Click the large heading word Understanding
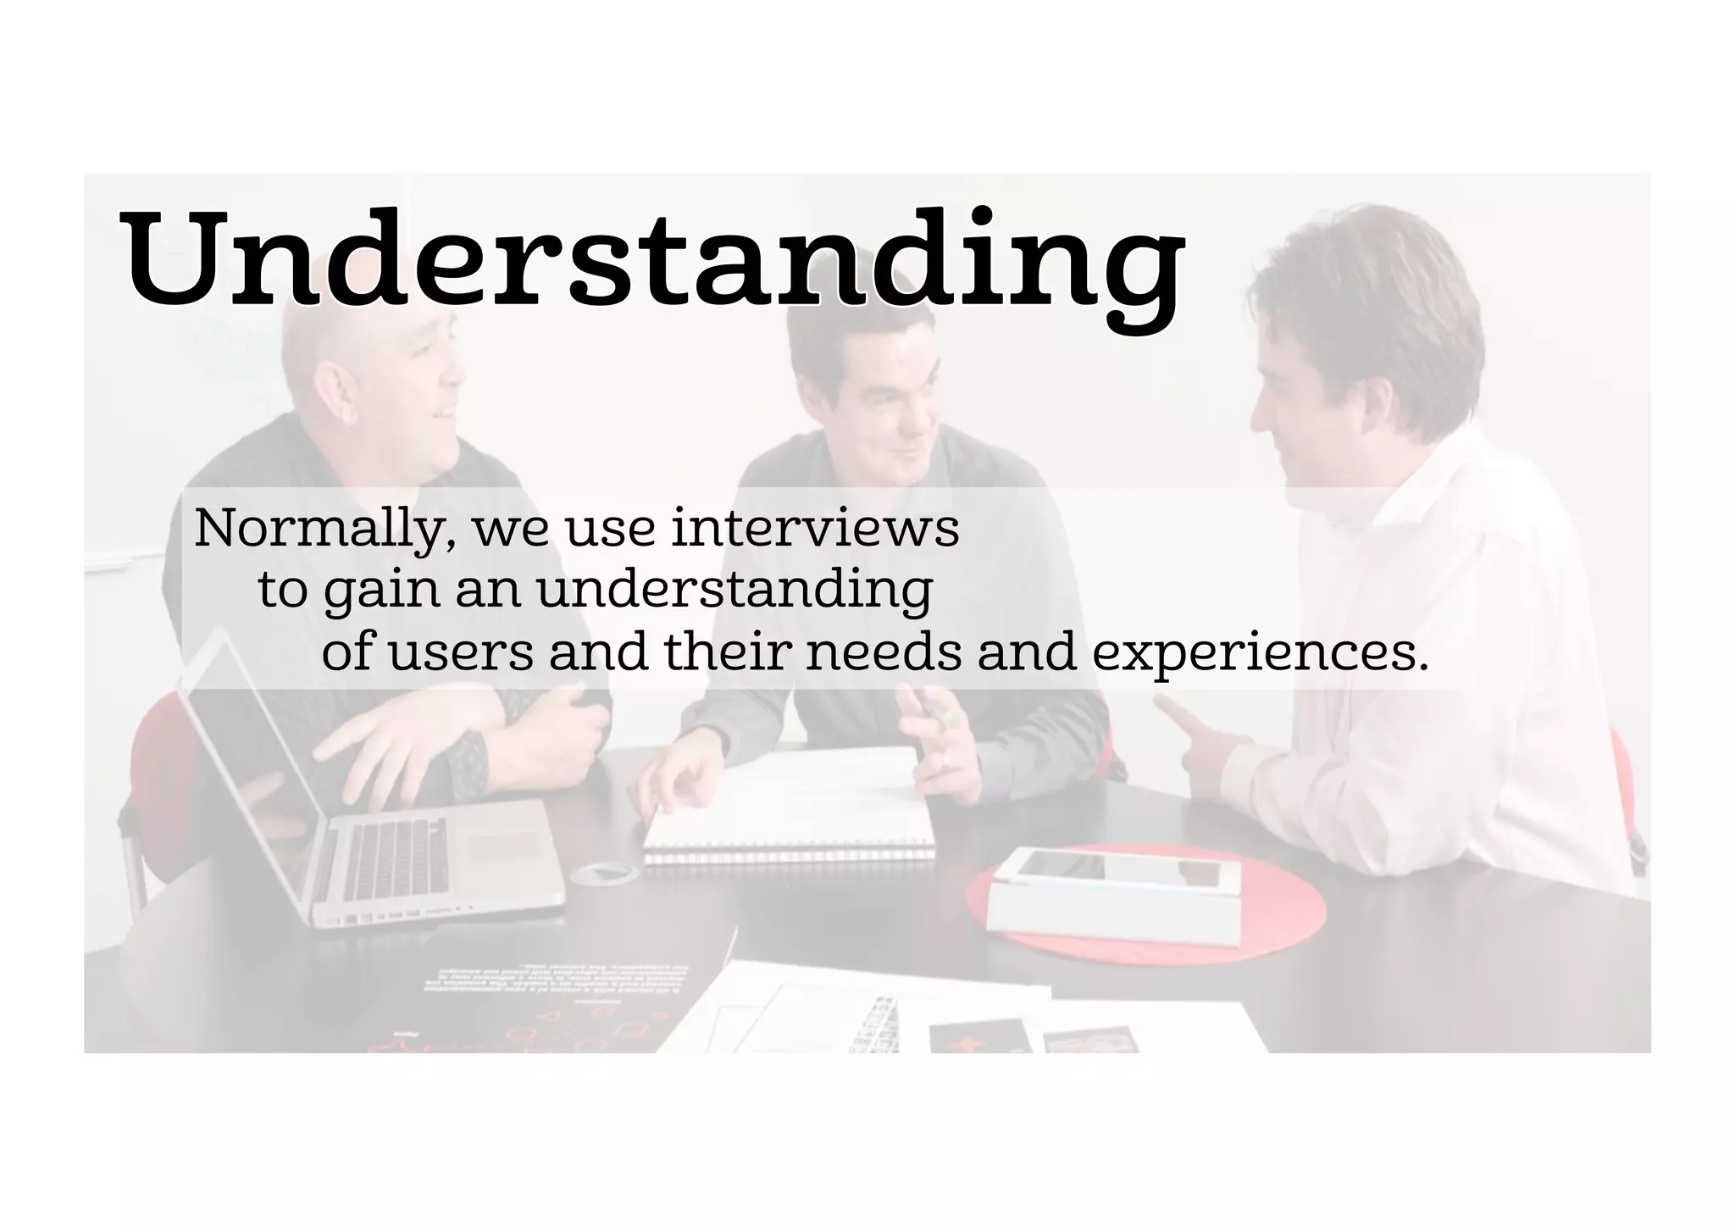point(652,258)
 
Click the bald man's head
point(356,356)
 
